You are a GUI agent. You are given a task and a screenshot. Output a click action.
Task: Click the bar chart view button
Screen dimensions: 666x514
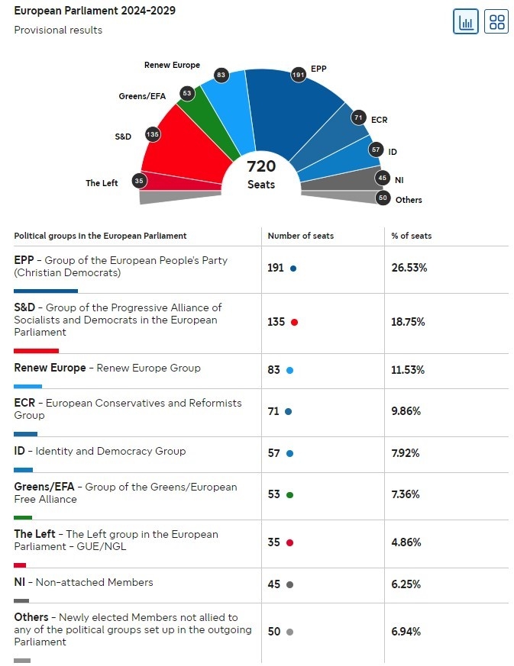pyautogui.click(x=466, y=21)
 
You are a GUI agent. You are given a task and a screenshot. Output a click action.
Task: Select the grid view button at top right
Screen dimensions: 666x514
pyautogui.click(x=496, y=21)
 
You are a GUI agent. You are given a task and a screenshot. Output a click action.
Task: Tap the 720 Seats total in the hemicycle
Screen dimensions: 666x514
pyautogui.click(x=261, y=174)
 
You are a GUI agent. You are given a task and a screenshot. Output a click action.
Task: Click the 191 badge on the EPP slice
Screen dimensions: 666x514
pyautogui.click(x=298, y=75)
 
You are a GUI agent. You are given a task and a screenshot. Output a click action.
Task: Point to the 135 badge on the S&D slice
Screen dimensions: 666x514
pyautogui.click(x=152, y=134)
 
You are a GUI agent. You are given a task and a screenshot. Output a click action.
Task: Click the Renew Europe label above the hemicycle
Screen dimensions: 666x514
pyautogui.click(x=172, y=65)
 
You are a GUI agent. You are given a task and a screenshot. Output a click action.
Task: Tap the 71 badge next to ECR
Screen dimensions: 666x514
pyautogui.click(x=358, y=117)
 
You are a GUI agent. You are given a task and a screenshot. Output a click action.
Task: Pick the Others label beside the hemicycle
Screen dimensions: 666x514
pyautogui.click(x=409, y=200)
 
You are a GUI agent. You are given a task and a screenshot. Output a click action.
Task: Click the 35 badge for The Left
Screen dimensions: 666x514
pyautogui.click(x=138, y=181)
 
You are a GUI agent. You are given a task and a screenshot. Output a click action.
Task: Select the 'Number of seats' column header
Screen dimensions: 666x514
pyautogui.click(x=300, y=236)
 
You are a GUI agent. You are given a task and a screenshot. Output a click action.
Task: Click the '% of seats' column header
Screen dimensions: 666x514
pyautogui.click(x=412, y=236)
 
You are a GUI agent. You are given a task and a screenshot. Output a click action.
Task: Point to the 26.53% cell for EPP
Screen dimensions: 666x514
pyautogui.click(x=409, y=269)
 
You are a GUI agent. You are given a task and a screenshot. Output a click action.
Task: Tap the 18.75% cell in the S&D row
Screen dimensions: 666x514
pyautogui.click(x=409, y=322)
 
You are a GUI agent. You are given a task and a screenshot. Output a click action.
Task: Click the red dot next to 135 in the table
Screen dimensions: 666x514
pyautogui.click(x=294, y=322)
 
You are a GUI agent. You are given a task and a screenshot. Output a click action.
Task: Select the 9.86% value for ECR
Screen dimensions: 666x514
pyautogui.click(x=406, y=411)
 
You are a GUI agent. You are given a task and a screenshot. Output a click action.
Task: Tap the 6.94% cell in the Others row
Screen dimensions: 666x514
pyautogui.click(x=406, y=632)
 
